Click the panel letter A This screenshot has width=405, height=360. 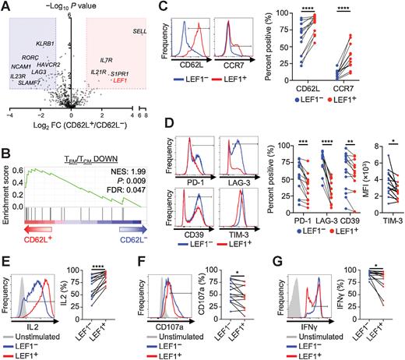(6, 7)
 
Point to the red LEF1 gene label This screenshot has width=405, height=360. (121, 79)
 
